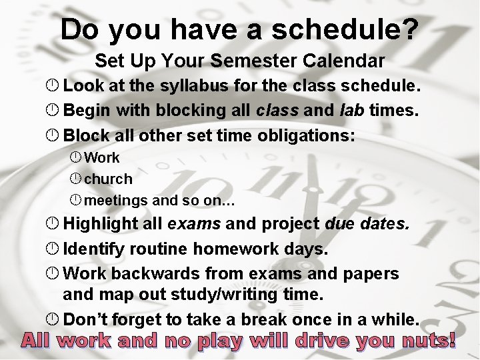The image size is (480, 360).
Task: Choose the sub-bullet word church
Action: coord(109,179)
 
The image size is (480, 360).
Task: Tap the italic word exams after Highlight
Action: coord(194,224)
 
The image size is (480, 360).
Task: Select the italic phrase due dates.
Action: coord(367,224)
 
